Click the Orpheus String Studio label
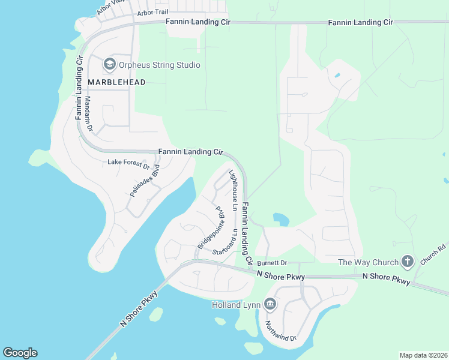click(x=159, y=65)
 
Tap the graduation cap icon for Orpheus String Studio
click(x=109, y=64)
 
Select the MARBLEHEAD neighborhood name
click(x=116, y=82)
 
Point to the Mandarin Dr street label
click(x=88, y=114)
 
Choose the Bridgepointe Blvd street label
click(x=210, y=228)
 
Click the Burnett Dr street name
click(x=273, y=263)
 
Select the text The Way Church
click(x=368, y=262)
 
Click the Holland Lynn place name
click(x=236, y=305)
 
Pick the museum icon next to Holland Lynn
click(x=270, y=305)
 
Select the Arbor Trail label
click(x=153, y=12)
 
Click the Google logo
click(x=20, y=353)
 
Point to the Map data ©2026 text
click(x=423, y=355)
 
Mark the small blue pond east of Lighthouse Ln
click(x=280, y=220)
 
